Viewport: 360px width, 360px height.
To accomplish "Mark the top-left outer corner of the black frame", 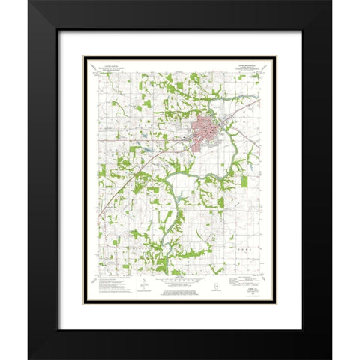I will pyautogui.click(x=28, y=1).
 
